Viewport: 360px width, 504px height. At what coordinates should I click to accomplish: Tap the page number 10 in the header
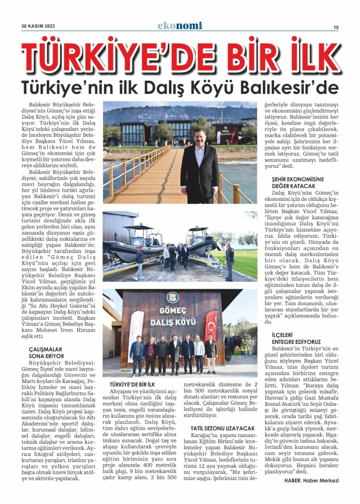click(335, 27)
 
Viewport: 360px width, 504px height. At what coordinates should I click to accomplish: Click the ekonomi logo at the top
click(180, 26)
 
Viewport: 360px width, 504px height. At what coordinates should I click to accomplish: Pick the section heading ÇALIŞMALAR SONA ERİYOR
click(46, 352)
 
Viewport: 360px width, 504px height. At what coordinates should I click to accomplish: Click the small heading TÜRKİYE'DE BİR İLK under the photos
click(132, 383)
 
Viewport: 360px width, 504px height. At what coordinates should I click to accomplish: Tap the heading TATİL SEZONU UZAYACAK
click(223, 428)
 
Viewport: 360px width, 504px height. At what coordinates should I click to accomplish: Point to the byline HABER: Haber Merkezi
click(311, 480)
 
